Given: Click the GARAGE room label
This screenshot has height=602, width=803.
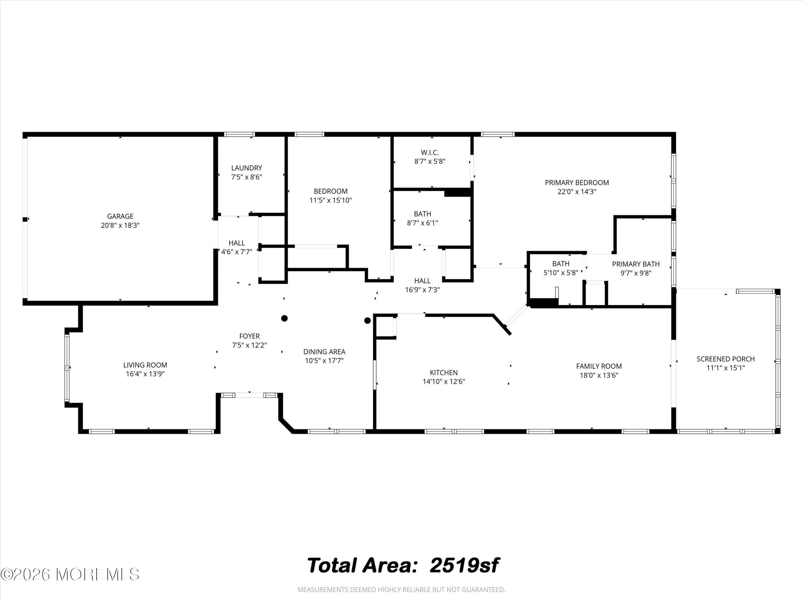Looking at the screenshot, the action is pyautogui.click(x=120, y=216).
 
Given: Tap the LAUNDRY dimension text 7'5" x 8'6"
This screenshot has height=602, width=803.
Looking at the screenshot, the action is pyautogui.click(x=247, y=177).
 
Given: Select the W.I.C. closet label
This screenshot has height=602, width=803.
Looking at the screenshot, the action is pyautogui.click(x=430, y=153).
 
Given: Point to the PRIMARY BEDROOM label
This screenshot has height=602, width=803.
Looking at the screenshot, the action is pyautogui.click(x=577, y=182).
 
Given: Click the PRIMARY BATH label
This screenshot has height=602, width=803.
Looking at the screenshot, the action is pyautogui.click(x=636, y=264).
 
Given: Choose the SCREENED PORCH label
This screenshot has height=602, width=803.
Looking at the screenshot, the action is pyautogui.click(x=725, y=359).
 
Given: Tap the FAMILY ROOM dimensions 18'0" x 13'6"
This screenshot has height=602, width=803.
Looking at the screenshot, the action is pyautogui.click(x=599, y=375).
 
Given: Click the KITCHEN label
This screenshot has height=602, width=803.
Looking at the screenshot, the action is pyautogui.click(x=444, y=373).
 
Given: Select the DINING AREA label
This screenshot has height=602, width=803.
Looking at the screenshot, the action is pyautogui.click(x=324, y=352).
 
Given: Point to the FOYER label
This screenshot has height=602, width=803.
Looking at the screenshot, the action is pyautogui.click(x=249, y=336).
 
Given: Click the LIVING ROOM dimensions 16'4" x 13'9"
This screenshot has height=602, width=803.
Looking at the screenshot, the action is pyautogui.click(x=145, y=374).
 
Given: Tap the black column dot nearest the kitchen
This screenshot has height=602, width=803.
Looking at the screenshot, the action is pyautogui.click(x=368, y=321).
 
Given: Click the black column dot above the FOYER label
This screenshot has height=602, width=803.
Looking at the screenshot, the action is pyautogui.click(x=285, y=318).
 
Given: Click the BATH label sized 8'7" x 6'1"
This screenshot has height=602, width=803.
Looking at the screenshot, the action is pyautogui.click(x=423, y=214).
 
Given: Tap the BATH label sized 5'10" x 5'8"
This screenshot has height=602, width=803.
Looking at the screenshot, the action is pyautogui.click(x=561, y=264).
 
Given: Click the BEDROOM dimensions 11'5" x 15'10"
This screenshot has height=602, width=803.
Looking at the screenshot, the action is pyautogui.click(x=331, y=200).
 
